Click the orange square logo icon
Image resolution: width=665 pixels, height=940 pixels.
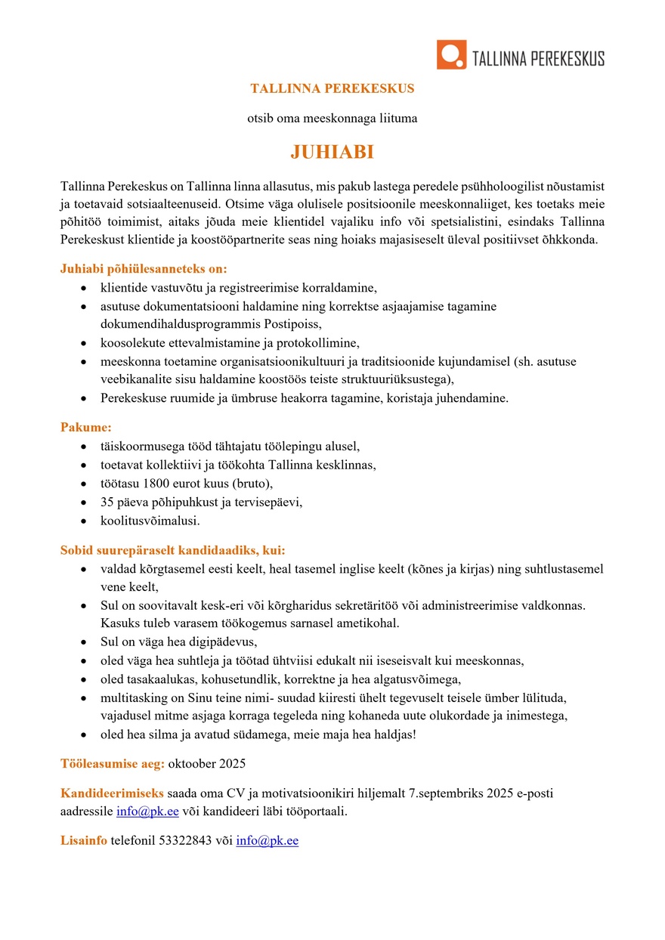point(451,55)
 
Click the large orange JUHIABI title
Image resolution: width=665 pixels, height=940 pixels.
point(332,153)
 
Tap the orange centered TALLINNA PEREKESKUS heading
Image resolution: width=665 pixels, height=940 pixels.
point(332,88)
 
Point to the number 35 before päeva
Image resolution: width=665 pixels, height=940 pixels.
point(107,501)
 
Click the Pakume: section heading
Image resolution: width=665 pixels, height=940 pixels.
point(86,427)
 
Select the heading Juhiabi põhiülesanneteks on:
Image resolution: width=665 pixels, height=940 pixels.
point(144,268)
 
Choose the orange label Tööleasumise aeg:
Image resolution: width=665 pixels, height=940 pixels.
point(113,763)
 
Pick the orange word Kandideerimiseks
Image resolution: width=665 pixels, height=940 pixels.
point(112,793)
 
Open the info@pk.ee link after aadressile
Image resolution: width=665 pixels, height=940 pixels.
point(147,812)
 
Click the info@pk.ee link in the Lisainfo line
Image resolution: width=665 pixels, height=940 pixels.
point(267,841)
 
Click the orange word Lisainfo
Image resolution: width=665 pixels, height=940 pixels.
point(84,841)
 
